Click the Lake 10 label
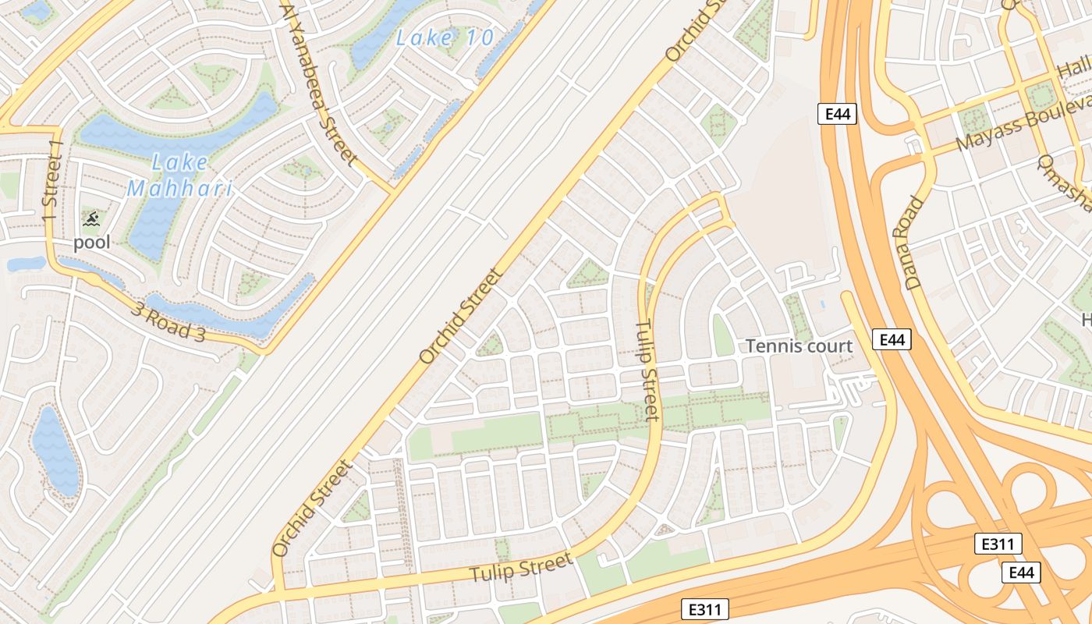tap(445, 37)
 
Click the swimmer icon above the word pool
tap(91, 219)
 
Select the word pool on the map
tap(92, 243)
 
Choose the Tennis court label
tap(799, 346)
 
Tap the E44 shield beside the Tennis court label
tap(892, 339)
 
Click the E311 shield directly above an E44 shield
tap(998, 544)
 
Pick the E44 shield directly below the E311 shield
tap(1021, 573)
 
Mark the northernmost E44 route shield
tap(838, 115)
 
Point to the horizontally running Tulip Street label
tap(522, 568)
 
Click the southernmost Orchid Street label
tap(313, 508)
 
